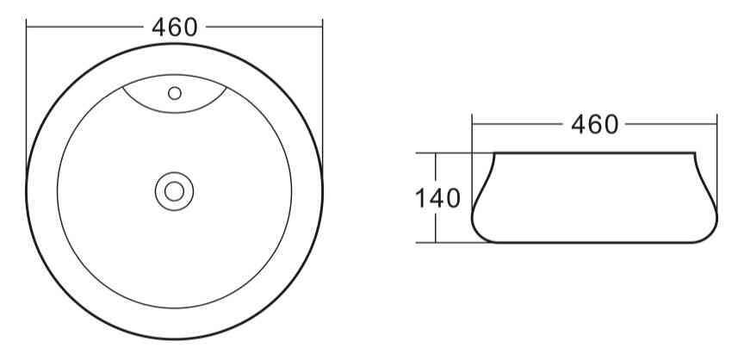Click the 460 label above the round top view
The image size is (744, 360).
(x=175, y=28)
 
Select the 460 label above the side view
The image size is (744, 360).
(x=594, y=125)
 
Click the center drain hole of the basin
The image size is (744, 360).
(x=175, y=190)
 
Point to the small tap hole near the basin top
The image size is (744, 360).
(x=175, y=93)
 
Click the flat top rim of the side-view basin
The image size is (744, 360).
(x=594, y=153)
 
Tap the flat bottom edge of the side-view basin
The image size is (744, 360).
(x=594, y=243)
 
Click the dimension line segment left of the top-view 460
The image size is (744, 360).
(x=86, y=28)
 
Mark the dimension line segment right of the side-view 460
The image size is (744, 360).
(x=672, y=125)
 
